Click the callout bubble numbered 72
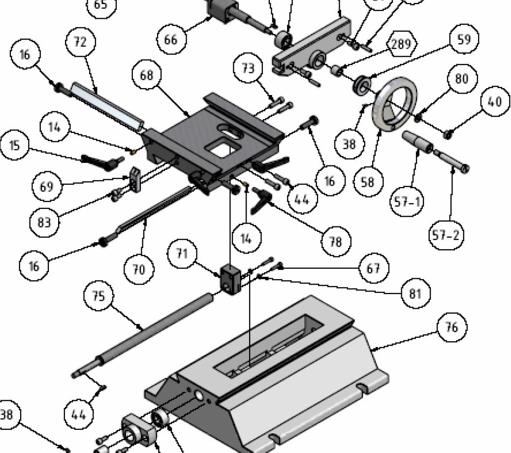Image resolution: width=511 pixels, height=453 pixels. tap(80, 42)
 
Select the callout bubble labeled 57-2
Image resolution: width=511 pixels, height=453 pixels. tap(446, 236)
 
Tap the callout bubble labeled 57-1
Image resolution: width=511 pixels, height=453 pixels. tap(407, 201)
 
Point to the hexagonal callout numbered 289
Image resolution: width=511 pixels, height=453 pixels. tap(401, 44)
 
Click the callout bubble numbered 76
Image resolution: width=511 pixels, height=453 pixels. tap(451, 327)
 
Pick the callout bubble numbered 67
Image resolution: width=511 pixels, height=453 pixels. tap(373, 268)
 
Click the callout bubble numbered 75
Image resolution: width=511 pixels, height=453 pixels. tap(98, 296)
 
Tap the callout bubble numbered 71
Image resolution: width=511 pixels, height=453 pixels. tap(182, 254)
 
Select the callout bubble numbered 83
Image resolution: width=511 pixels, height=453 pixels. tap(44, 223)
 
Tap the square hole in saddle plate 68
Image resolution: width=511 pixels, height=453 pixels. tap(223, 147)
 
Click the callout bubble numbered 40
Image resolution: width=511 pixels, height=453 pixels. tap(494, 101)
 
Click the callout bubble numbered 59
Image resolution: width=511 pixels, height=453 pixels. tap(464, 39)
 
